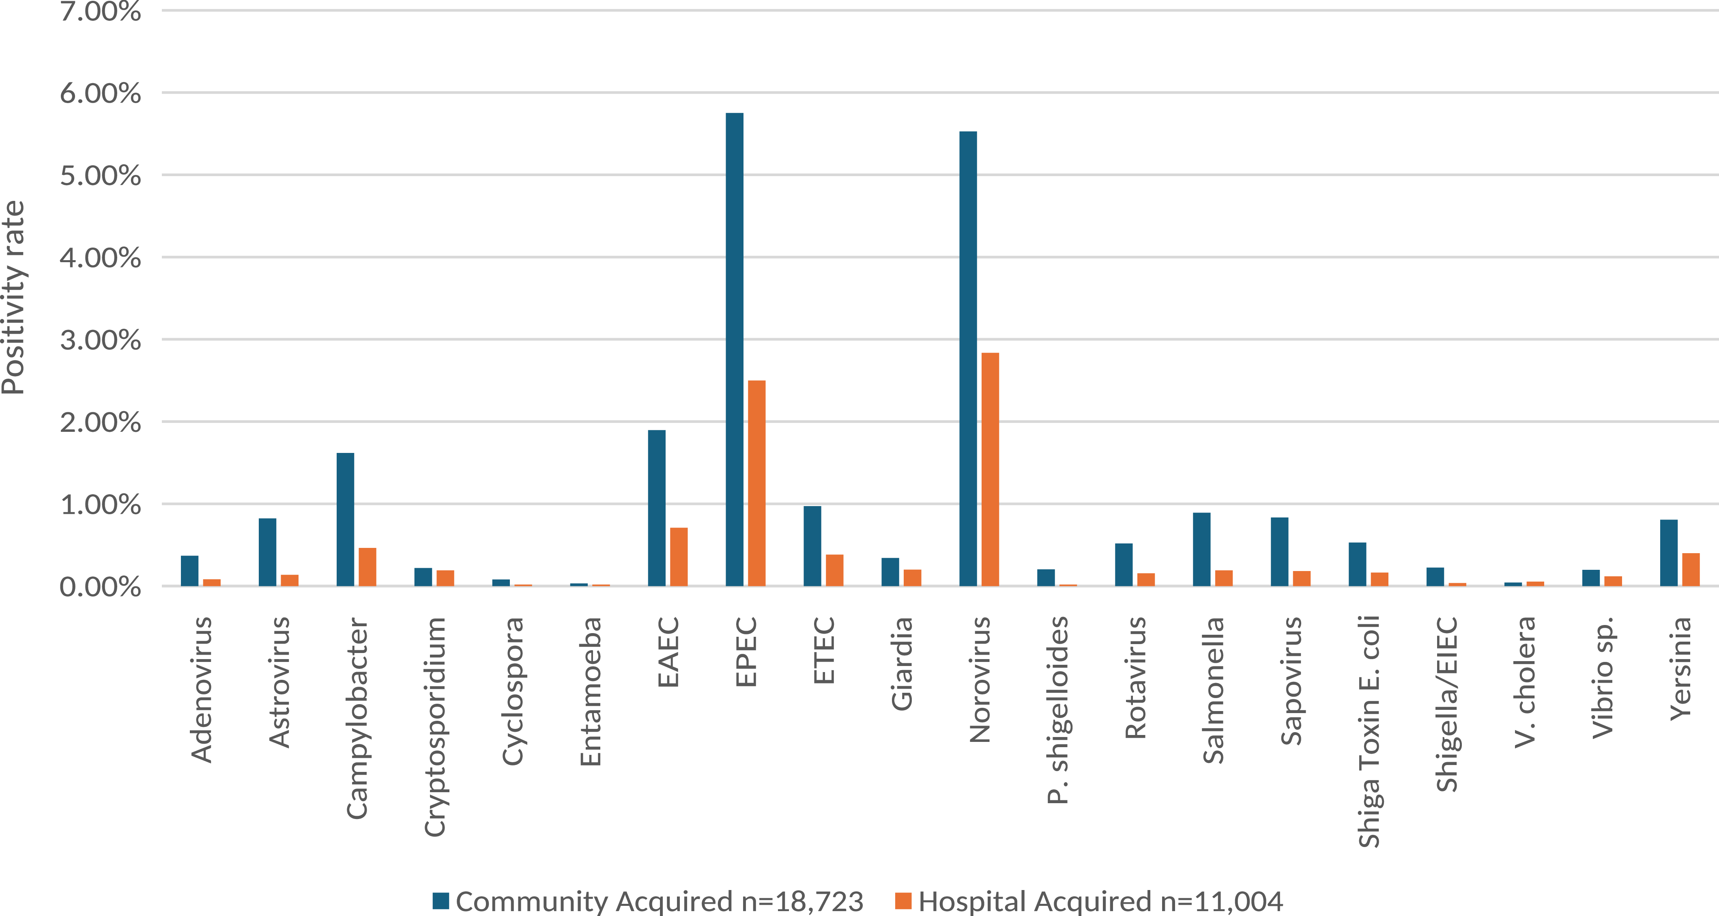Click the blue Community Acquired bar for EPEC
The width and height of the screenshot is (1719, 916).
click(x=734, y=350)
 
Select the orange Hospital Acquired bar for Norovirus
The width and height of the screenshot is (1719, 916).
click(x=990, y=469)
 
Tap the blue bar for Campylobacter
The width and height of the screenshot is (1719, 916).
click(x=345, y=519)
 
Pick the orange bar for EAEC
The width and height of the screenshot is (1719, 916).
click(x=679, y=557)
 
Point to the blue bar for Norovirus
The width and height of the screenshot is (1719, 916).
click(x=968, y=358)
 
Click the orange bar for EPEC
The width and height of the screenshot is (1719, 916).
click(x=757, y=483)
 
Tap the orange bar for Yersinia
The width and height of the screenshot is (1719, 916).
click(x=1691, y=569)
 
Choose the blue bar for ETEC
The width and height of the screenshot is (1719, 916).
click(x=812, y=546)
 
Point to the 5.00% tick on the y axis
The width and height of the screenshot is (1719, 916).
click(x=100, y=176)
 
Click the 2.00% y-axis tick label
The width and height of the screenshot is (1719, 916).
click(x=100, y=422)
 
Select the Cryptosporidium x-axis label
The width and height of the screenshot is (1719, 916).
click(x=434, y=726)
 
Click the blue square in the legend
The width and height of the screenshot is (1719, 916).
click(x=440, y=901)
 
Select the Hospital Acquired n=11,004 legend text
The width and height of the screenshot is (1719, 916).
click(x=1100, y=901)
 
